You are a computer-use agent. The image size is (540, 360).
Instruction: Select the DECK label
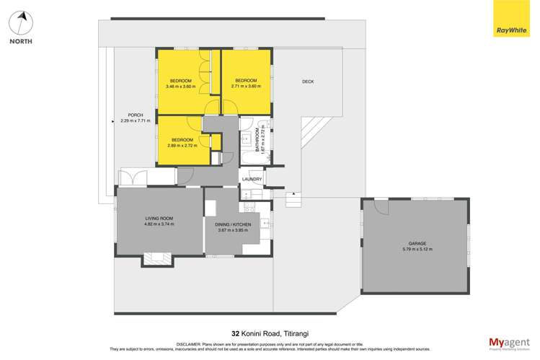pos(308,82)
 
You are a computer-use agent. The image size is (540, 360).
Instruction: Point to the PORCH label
pos(135,115)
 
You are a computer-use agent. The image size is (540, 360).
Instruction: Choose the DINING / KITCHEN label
pos(232,225)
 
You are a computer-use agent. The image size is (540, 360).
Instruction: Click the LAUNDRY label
pos(252,179)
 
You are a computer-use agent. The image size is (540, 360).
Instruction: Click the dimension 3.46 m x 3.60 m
pos(180,87)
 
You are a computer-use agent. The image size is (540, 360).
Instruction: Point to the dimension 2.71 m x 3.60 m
pos(246,87)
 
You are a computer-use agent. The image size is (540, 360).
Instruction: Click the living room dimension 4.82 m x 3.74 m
pos(160,224)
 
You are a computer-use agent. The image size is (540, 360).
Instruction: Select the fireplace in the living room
pos(157,257)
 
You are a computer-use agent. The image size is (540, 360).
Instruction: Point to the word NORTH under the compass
pos(21,41)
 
